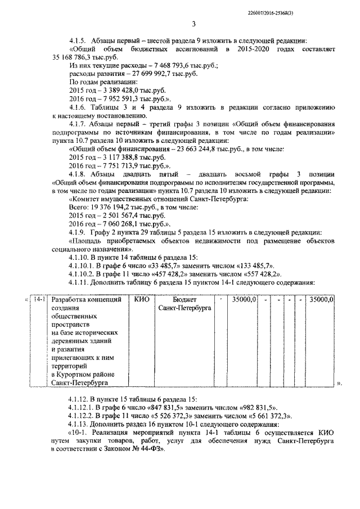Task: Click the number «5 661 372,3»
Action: (x=265, y=416)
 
